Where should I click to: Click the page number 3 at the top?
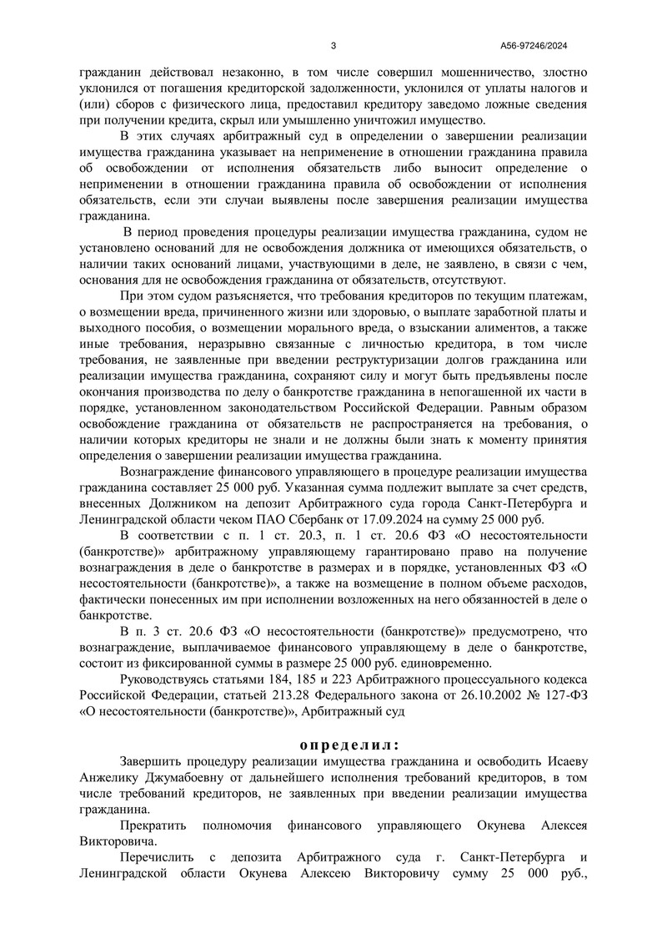333,46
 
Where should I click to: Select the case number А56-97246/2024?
534,46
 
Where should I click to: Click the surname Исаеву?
570,762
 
